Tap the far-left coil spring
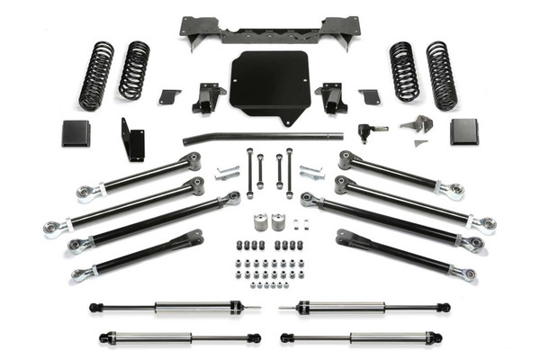point(96,76)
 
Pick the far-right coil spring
point(442,76)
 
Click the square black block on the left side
point(76,132)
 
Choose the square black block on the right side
point(464,131)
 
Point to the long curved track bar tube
point(261,138)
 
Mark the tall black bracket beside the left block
point(132,139)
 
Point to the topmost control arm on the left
point(144,175)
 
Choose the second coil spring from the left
point(134,70)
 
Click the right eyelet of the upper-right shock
point(443,308)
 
